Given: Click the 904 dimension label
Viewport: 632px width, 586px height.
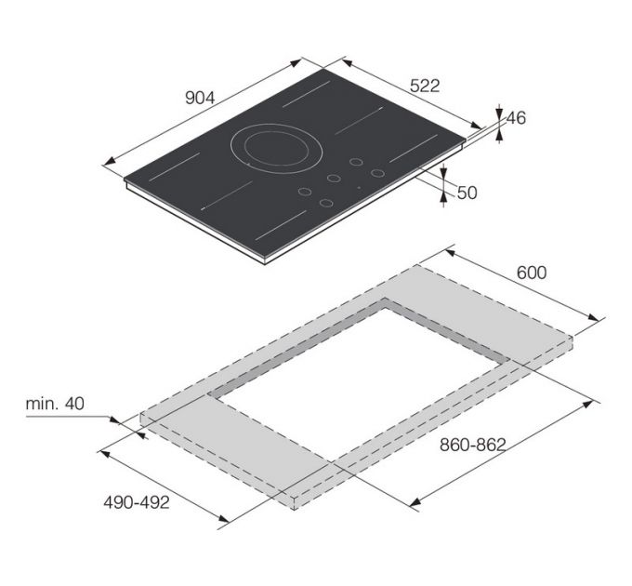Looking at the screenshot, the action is [x=200, y=98].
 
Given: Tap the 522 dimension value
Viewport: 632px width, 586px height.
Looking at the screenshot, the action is [x=425, y=86].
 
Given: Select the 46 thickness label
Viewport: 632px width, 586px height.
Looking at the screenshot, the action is [x=516, y=118].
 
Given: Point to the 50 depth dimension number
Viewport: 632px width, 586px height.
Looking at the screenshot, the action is [x=467, y=193].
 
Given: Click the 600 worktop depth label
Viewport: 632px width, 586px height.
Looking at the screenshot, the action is [x=532, y=273].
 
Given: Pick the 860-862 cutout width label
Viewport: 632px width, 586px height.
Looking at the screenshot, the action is [x=472, y=445].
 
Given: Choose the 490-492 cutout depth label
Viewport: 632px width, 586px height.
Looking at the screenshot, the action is [x=137, y=502].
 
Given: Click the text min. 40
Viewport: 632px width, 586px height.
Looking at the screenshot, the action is [x=55, y=404].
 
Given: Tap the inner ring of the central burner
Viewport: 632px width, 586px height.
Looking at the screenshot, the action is [x=277, y=148].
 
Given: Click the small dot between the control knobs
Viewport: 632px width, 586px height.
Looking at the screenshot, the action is [x=359, y=188].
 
